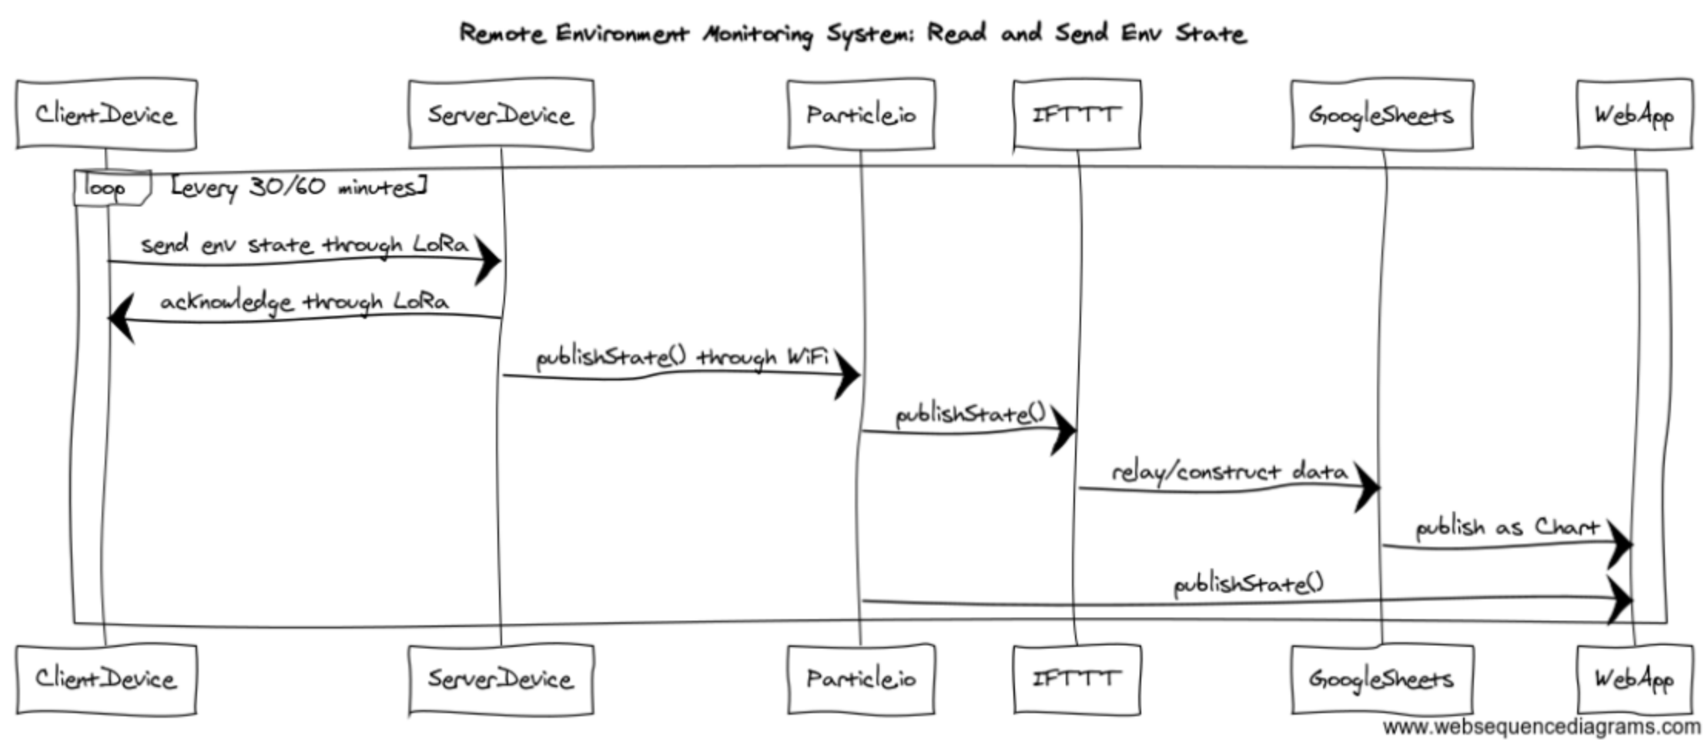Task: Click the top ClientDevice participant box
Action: point(106,115)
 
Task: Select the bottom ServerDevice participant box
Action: point(501,678)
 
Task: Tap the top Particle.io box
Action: point(860,115)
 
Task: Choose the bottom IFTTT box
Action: point(1076,678)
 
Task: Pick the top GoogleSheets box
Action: point(1381,115)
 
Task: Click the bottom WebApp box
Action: point(1633,678)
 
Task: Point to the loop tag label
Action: point(105,188)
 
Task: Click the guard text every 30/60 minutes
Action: point(299,187)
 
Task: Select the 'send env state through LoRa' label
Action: point(304,245)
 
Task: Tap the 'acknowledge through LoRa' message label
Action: point(304,301)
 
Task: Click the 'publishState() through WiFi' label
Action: point(682,357)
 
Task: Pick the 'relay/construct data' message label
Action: point(1229,471)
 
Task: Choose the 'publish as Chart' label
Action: point(1507,528)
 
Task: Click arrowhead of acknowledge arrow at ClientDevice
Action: point(122,317)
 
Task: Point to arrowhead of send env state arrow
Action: point(488,260)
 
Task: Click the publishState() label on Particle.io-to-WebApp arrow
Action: point(1248,584)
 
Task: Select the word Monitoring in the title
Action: point(758,34)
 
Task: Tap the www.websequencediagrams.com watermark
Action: point(1541,727)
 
